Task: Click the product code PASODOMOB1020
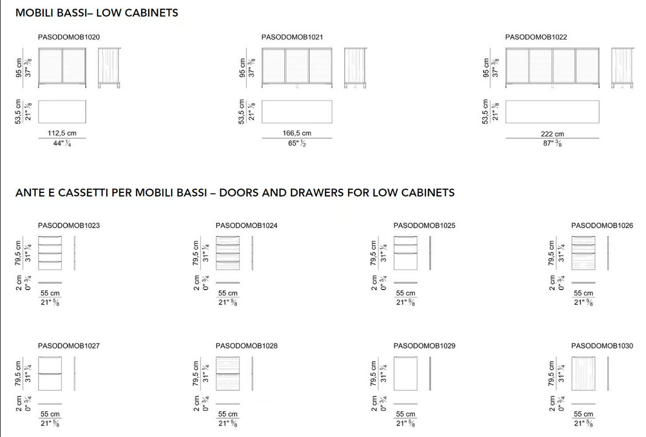69,37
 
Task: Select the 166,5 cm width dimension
297,133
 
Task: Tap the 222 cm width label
552,134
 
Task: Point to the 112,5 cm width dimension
62,133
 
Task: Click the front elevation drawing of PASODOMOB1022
552,67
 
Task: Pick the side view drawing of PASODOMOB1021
355,67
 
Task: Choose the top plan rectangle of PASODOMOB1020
62,112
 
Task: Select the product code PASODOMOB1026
602,226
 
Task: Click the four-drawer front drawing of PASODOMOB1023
50,253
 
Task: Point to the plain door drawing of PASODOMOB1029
406,373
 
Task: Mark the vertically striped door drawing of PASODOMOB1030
583,373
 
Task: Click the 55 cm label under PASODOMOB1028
228,414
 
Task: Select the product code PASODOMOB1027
69,346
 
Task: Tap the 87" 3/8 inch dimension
552,143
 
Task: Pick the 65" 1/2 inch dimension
297,143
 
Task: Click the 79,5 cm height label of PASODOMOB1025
373,253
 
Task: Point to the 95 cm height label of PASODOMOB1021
242,67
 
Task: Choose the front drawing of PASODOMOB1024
228,253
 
